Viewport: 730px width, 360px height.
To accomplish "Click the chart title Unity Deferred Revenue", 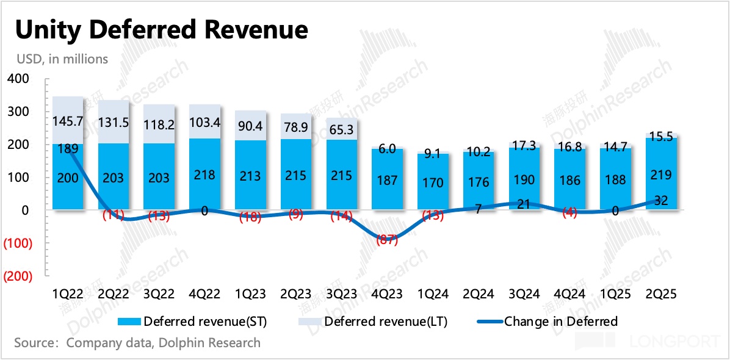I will (161, 29).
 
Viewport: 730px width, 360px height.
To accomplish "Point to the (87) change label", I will (387, 240).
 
